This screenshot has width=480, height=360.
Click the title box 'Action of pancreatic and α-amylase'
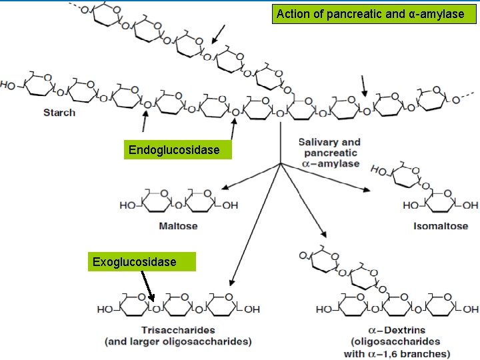[x=370, y=13]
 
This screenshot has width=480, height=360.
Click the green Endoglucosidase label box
[x=174, y=150]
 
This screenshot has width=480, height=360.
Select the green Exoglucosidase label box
[x=135, y=261]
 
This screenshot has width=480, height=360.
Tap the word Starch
[x=59, y=112]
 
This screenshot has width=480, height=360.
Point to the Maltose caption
[x=178, y=226]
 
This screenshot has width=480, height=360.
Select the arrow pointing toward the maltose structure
[x=252, y=177]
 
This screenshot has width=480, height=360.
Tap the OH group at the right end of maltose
[x=230, y=205]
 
